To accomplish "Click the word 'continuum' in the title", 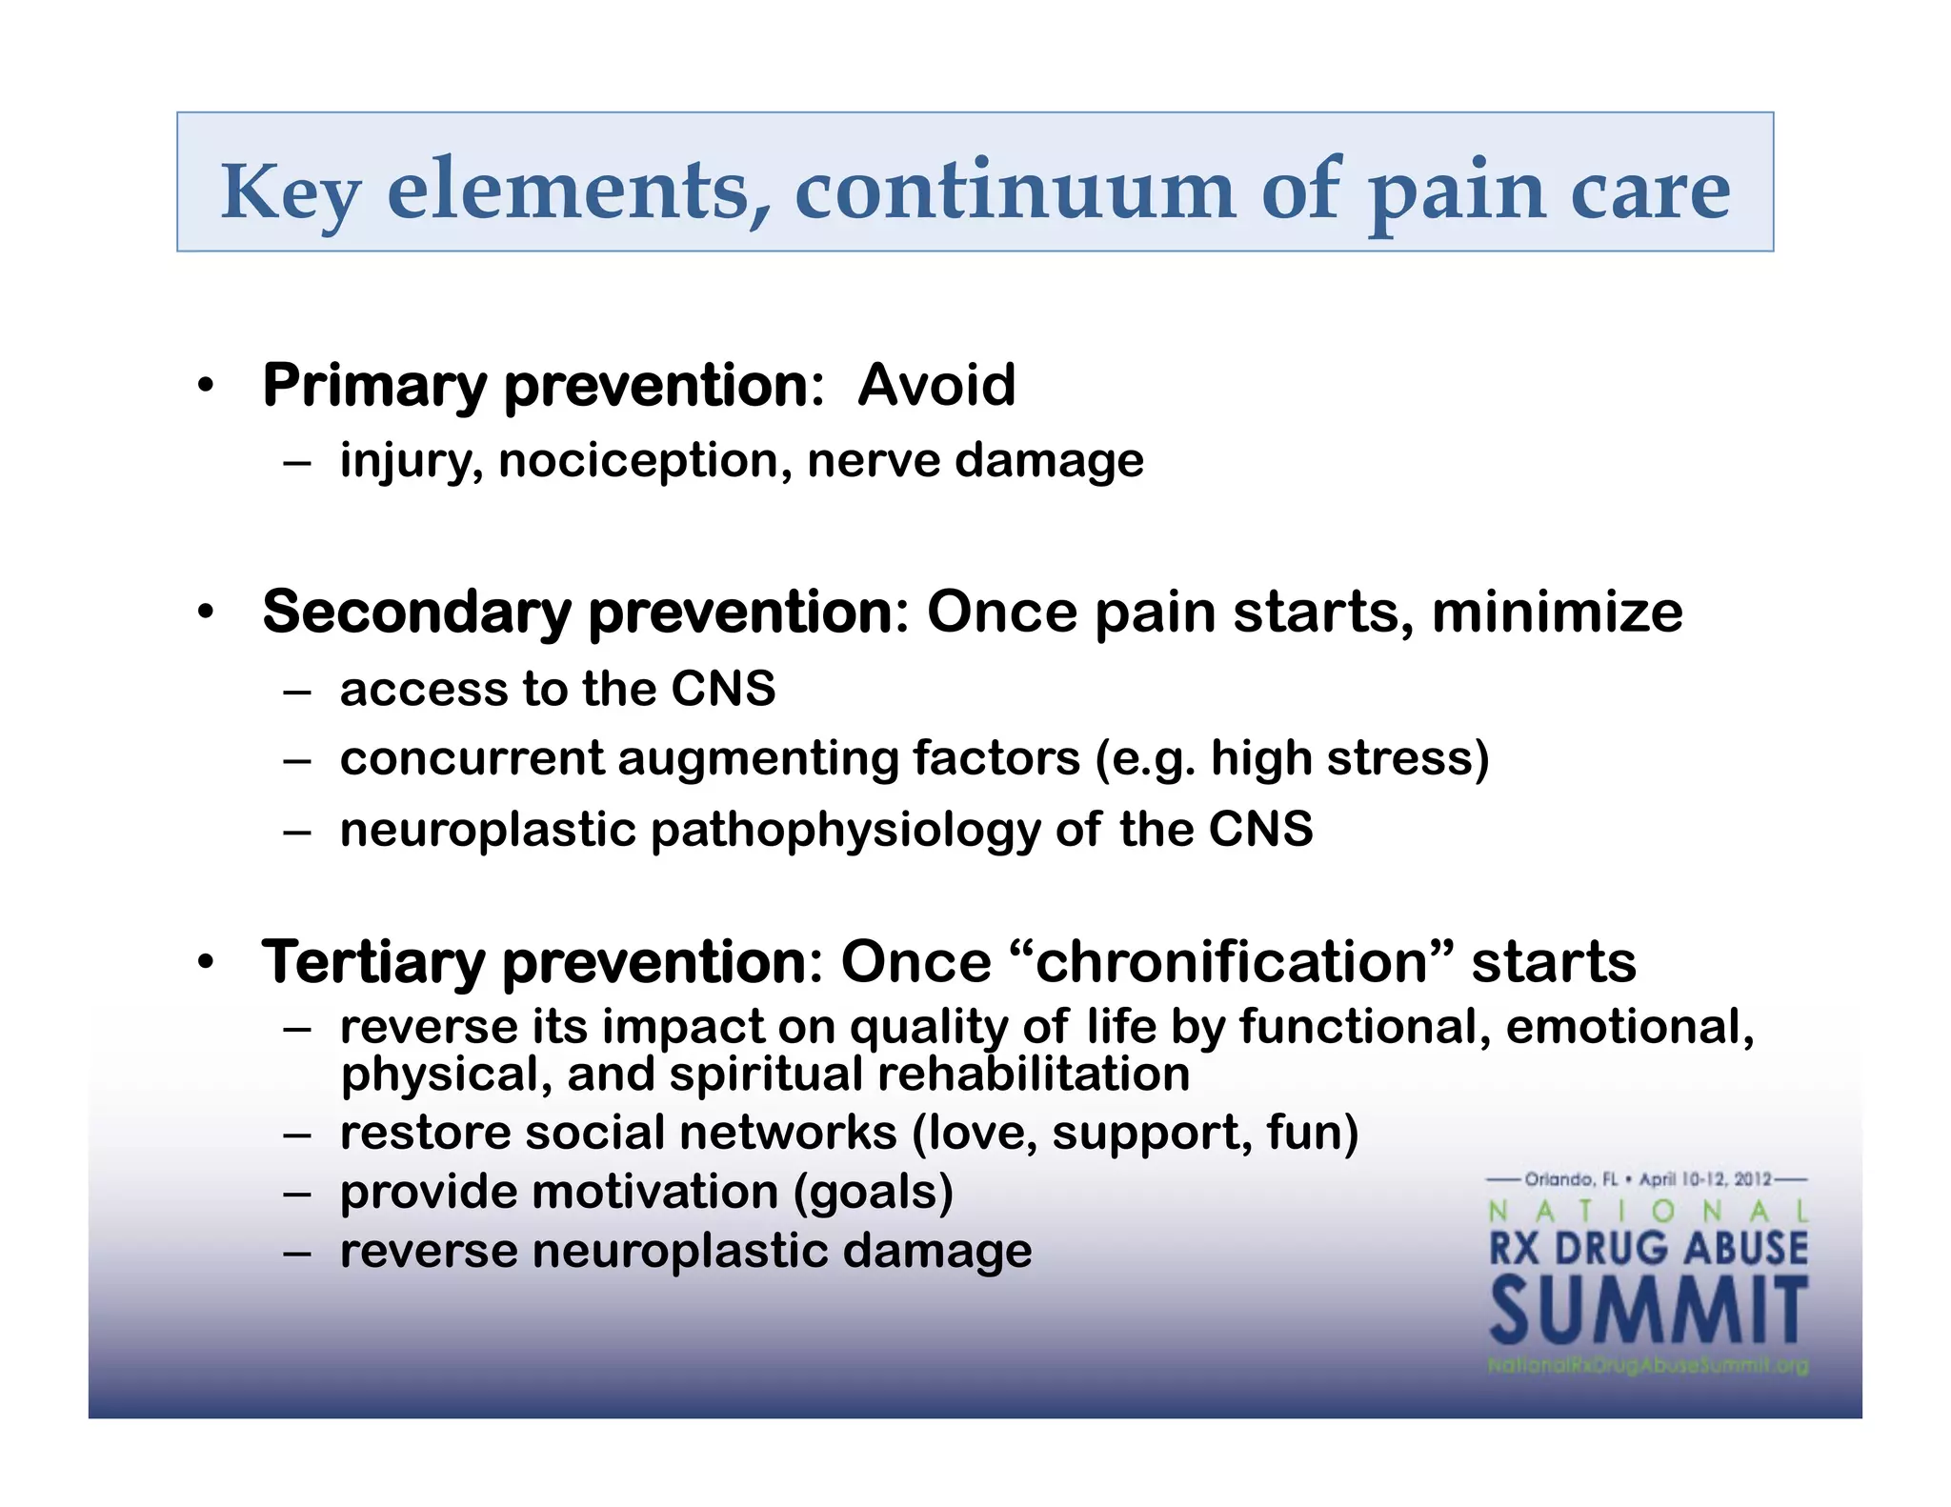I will (x=1015, y=191).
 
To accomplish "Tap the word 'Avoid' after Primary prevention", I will (x=936, y=386).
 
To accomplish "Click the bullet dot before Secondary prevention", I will (x=206, y=613).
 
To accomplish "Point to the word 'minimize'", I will (x=1557, y=612).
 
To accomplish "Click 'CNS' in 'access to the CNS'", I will (x=723, y=689).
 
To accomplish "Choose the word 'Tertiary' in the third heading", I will (x=372, y=962).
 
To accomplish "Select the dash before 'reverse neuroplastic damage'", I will (x=297, y=1253).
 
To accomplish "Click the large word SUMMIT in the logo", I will (x=1648, y=1312).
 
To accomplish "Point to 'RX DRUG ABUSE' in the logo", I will (x=1648, y=1249).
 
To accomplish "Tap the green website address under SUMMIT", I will (x=1648, y=1365).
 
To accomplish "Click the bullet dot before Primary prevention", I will (x=206, y=387).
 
